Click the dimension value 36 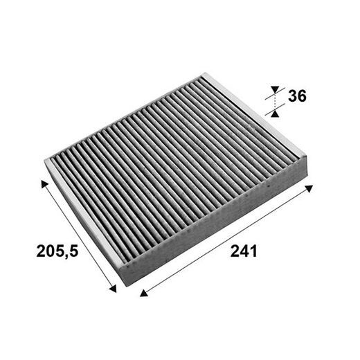(x=298, y=96)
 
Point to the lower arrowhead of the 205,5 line (x=114, y=289)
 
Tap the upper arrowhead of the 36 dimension (x=275, y=89)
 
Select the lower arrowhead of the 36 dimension (x=275, y=111)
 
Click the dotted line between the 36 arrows (x=275, y=100)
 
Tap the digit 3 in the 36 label (x=293, y=96)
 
